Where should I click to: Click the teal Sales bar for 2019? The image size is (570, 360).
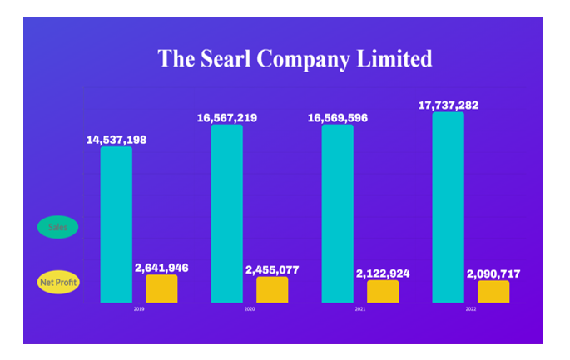(x=116, y=224)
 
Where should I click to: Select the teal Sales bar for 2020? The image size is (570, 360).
(x=227, y=214)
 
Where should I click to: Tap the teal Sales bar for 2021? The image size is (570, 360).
(x=338, y=214)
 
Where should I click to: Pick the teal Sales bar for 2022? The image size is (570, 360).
(x=449, y=207)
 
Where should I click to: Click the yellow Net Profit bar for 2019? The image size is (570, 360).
(x=161, y=288)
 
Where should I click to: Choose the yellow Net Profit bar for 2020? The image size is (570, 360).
(x=272, y=289)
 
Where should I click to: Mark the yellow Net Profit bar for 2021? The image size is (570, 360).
(x=383, y=291)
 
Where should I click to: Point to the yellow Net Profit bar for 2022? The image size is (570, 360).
(x=493, y=291)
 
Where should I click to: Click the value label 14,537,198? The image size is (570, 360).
(x=116, y=139)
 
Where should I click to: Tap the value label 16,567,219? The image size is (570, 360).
(x=227, y=118)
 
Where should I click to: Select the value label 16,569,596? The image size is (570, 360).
(x=338, y=118)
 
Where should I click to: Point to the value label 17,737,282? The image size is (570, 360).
(x=449, y=105)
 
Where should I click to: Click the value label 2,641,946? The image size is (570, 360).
(x=161, y=268)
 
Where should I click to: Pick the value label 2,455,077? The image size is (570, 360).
(x=272, y=270)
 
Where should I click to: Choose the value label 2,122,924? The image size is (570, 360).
(x=383, y=273)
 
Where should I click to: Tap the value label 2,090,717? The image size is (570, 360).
(x=493, y=273)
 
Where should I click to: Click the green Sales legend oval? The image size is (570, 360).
(x=58, y=226)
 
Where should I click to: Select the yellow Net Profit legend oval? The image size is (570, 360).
(x=58, y=283)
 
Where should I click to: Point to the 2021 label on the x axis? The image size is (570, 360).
(x=360, y=309)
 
